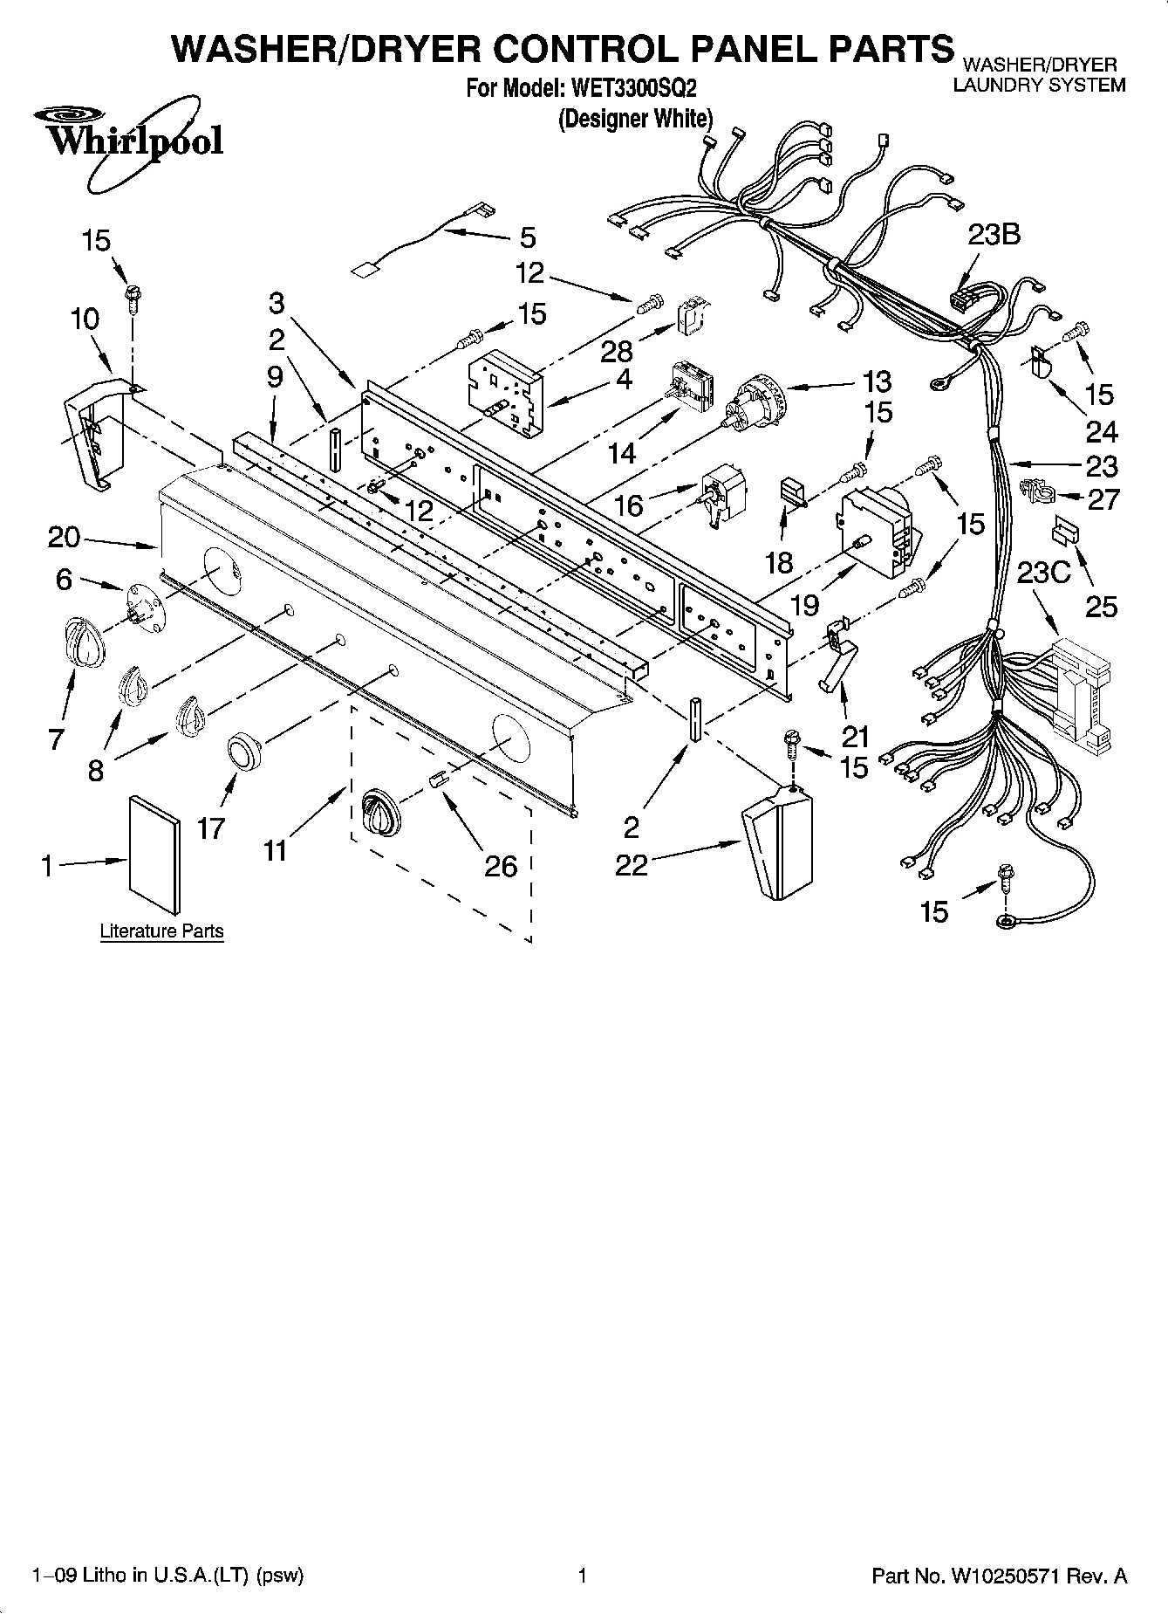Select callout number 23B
(x=994, y=235)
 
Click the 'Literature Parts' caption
(x=161, y=931)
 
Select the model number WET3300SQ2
(x=633, y=88)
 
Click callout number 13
(x=877, y=381)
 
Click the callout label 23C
(x=1043, y=573)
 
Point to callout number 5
(x=528, y=237)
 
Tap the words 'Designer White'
(x=636, y=118)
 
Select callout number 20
(x=64, y=537)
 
